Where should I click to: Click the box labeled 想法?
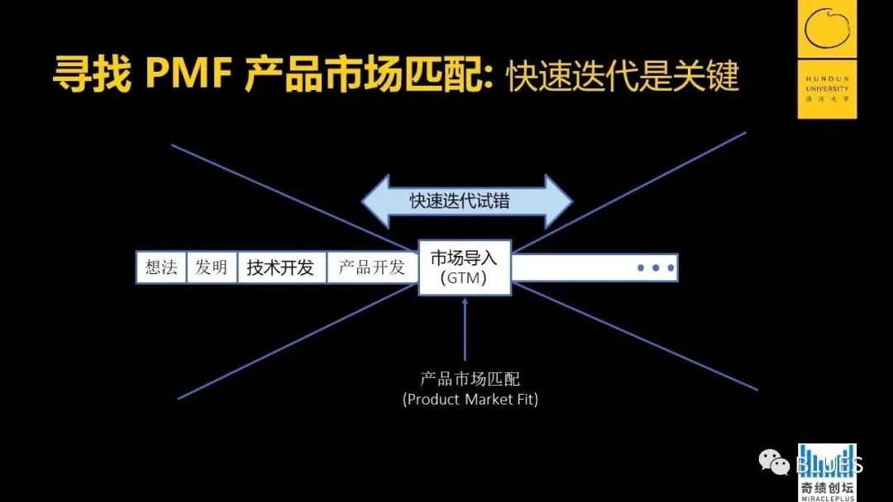coord(161,268)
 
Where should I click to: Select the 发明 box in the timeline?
coord(212,268)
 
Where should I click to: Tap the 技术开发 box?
coord(281,268)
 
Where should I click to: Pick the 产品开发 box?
coord(372,268)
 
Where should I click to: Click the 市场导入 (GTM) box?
coord(465,267)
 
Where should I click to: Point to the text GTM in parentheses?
coord(464,278)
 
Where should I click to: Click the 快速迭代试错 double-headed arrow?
coord(466,201)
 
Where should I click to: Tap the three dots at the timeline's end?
coord(655,268)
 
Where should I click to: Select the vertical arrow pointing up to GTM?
coord(466,330)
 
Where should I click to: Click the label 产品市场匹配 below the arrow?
coord(470,380)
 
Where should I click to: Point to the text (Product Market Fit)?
coord(470,400)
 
